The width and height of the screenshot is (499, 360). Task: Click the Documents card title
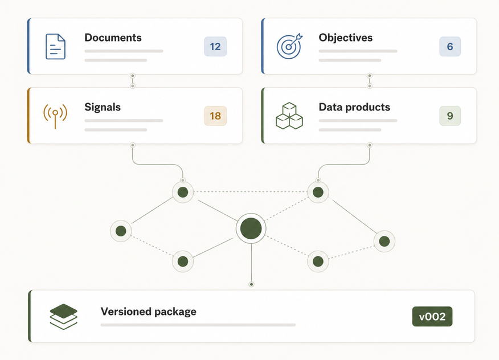click(113, 38)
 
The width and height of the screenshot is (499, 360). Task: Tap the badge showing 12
click(215, 47)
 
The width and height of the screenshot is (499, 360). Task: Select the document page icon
click(55, 47)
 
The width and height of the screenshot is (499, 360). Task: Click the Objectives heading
click(346, 38)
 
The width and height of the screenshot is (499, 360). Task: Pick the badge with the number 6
click(450, 47)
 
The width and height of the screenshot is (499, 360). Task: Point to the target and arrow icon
click(289, 46)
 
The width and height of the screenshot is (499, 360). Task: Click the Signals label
click(103, 107)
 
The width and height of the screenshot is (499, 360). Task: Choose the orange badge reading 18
click(215, 116)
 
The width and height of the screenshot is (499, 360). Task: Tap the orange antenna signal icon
click(55, 116)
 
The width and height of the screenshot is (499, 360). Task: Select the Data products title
click(354, 107)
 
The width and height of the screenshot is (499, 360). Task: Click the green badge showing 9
click(450, 116)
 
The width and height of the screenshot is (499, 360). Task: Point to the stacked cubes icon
click(289, 116)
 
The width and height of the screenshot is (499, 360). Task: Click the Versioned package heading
click(148, 312)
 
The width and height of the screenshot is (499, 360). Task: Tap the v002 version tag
click(432, 316)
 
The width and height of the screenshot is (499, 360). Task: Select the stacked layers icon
click(64, 316)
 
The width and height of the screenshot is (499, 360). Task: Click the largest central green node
click(251, 228)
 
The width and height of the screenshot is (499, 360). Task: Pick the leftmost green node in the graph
click(121, 231)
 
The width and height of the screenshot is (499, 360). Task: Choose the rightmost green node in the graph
click(385, 242)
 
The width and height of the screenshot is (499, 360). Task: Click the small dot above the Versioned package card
click(251, 284)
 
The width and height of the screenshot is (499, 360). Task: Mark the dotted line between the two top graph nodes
click(251, 192)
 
